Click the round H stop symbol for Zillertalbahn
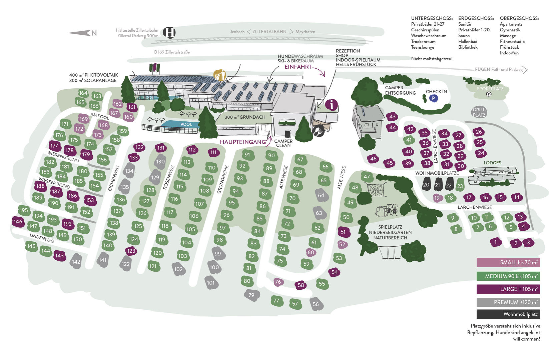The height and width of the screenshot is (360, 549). coord(169,32)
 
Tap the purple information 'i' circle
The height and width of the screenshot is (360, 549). coord(332,105)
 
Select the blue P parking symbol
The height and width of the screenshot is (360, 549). coord(433,98)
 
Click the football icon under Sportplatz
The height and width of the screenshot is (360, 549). coord(489,94)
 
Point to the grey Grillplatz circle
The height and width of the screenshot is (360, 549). coord(479,112)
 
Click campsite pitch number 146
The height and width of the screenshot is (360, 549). coord(18,222)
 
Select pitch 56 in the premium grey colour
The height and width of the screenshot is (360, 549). coord(316,304)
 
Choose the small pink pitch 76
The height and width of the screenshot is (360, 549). coord(278,282)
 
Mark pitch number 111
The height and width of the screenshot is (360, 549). coord(213,153)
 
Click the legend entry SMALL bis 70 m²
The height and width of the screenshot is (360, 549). coord(508,263)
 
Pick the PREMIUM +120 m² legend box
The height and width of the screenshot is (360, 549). coord(508,302)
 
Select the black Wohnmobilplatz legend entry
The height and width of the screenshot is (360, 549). coord(508,314)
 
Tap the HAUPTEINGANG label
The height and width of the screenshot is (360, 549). coord(242,142)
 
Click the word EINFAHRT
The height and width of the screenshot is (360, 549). coord(298,67)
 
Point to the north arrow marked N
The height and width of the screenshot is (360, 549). coord(82,33)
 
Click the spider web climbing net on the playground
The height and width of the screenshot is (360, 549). coord(376,190)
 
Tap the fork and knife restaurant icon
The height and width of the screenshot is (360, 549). coord(319,131)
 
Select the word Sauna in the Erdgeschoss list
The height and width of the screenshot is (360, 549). coord(464,36)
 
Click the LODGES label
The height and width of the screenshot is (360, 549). coord(492,163)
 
